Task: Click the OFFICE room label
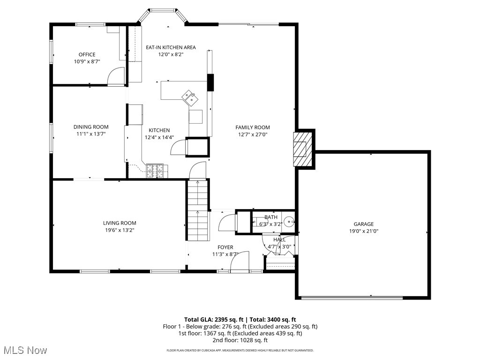tap(87, 54)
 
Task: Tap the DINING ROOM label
tap(91, 127)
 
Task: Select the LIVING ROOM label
tap(120, 223)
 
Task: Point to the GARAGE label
tap(364, 224)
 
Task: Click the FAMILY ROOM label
tap(253, 127)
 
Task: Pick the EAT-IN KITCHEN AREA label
tap(171, 47)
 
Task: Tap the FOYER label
tap(225, 247)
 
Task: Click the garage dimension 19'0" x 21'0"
tap(364, 232)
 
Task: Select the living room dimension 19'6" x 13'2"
tap(120, 230)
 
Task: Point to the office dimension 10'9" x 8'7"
tap(87, 61)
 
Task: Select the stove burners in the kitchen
tap(157, 171)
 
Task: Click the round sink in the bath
tap(289, 221)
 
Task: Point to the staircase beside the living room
tap(198, 210)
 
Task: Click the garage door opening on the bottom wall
tap(352, 298)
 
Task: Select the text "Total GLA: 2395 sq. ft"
tap(214, 320)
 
